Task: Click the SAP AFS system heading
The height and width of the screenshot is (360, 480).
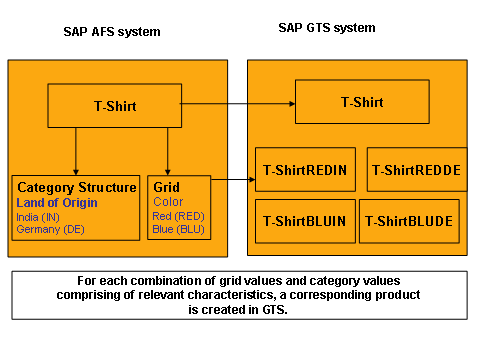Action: [x=112, y=31]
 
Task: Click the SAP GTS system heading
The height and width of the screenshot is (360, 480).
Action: [x=326, y=27]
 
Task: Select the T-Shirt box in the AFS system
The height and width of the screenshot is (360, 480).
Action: [x=115, y=106]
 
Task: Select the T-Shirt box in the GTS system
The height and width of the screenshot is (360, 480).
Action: [x=362, y=102]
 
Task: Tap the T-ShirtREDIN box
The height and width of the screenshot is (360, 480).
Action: [x=304, y=170]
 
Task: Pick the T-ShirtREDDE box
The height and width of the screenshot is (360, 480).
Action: [x=416, y=170]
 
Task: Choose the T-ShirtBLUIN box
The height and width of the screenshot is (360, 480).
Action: [x=304, y=221]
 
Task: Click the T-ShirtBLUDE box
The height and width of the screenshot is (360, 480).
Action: [x=408, y=221]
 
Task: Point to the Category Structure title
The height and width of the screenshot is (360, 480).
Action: [x=77, y=187]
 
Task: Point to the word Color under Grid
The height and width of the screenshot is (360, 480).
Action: [x=168, y=201]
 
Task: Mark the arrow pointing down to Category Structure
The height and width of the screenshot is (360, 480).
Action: [x=76, y=150]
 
